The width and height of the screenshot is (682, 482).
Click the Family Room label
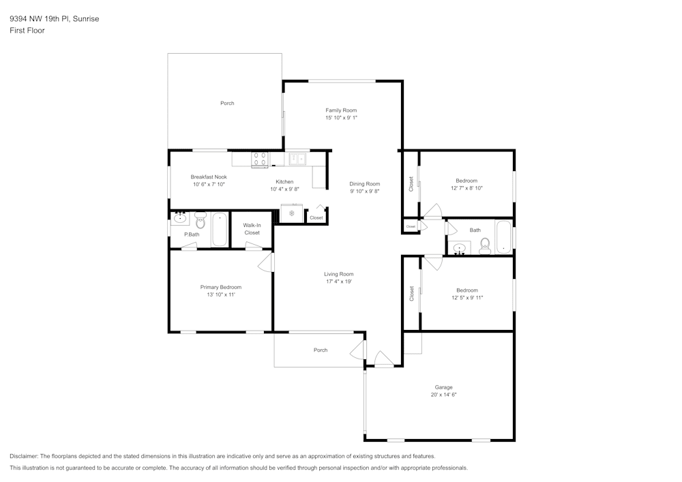[341, 110]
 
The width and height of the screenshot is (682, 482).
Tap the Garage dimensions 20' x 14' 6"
[444, 395]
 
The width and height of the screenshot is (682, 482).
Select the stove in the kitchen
[260, 159]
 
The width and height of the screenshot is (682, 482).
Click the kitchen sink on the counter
[297, 159]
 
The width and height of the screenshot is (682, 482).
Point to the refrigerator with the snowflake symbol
[291, 213]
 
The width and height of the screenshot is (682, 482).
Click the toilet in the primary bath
[201, 222]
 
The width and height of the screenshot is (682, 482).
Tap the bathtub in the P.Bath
[220, 230]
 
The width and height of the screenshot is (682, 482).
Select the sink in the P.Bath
[181, 219]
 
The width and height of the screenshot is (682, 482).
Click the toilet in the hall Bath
[486, 245]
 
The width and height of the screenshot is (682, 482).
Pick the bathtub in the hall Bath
[503, 237]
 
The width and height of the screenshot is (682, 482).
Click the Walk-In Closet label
[252, 229]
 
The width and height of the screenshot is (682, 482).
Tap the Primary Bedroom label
[220, 287]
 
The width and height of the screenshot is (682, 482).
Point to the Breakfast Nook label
[209, 177]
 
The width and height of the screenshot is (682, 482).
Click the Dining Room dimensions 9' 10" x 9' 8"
[365, 192]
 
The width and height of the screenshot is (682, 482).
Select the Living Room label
[339, 274]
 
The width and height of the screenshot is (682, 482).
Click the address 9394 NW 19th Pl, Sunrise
[54, 19]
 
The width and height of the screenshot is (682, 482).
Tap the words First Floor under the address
[27, 31]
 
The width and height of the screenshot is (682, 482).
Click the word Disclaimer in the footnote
[24, 456]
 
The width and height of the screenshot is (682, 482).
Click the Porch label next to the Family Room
[227, 103]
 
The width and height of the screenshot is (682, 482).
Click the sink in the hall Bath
[460, 247]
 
